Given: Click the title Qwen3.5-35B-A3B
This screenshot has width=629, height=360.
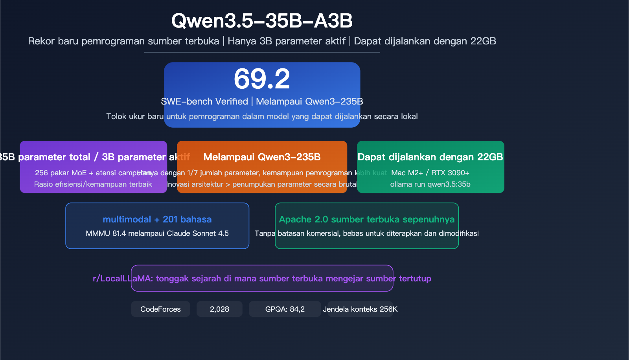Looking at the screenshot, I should [262, 21].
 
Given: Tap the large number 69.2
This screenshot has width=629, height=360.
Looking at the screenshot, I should [262, 79].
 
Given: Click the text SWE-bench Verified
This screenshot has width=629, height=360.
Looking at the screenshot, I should [204, 101].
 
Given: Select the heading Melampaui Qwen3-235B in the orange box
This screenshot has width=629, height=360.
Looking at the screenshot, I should [262, 157].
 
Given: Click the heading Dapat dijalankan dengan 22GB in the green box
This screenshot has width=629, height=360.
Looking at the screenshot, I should [430, 157].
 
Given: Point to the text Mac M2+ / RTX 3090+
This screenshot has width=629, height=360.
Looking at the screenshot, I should [430, 173].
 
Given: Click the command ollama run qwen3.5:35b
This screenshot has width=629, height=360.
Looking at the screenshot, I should [430, 184].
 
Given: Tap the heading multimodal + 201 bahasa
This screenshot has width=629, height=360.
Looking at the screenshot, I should [157, 219].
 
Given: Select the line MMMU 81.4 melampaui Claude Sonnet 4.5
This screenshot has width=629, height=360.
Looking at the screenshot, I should [157, 233].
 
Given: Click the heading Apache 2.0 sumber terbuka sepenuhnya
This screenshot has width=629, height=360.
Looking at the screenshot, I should [366, 219].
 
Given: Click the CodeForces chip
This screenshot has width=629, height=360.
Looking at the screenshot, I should [160, 309].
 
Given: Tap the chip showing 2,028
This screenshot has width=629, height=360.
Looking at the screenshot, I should [219, 309].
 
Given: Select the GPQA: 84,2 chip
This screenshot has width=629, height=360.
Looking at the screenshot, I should [285, 309].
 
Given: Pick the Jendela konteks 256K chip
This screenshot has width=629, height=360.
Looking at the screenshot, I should [360, 309].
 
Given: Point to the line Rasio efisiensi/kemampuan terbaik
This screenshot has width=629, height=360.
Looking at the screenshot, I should [93, 184].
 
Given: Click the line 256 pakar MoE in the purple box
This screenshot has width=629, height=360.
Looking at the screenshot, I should [79, 173].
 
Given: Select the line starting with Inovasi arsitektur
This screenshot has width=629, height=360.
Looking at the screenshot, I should [262, 184].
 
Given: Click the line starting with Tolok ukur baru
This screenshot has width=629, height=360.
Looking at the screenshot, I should [262, 117].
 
